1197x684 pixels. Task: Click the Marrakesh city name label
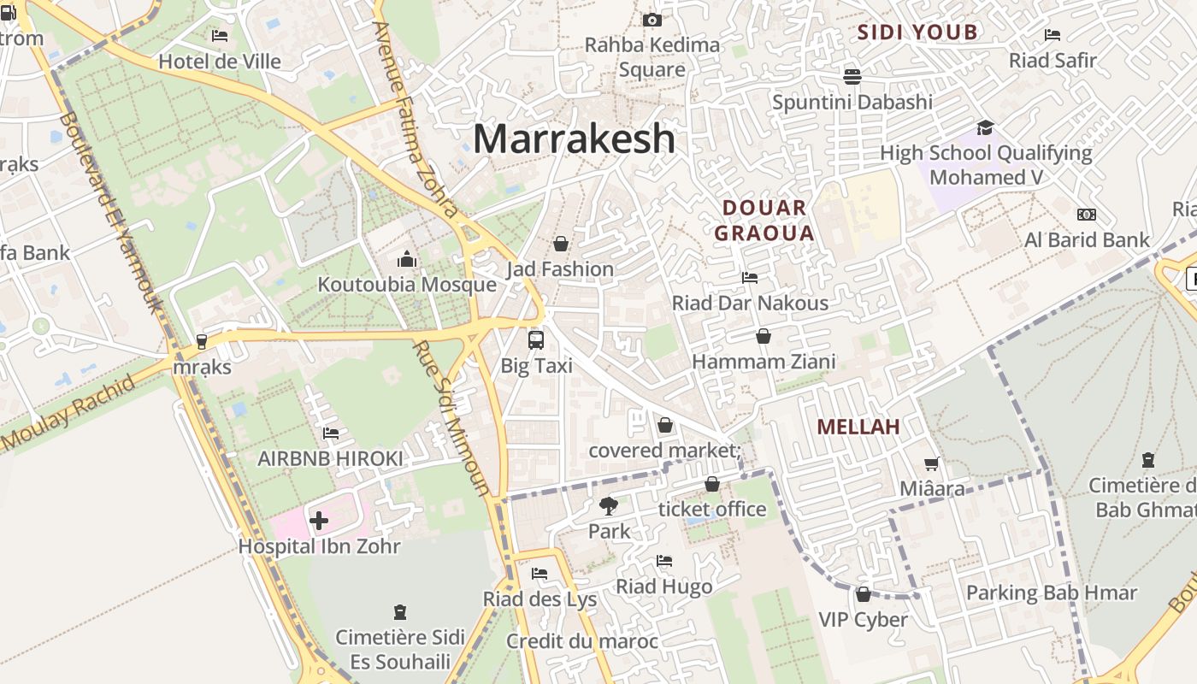[574, 139]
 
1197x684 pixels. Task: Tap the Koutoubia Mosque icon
[407, 259]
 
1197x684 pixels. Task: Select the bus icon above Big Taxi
[536, 339]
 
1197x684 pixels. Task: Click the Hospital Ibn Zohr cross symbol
[319, 520]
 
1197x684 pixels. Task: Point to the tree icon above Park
[609, 505]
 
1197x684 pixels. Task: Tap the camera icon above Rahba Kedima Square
[652, 20]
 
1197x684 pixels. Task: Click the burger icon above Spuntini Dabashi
[852, 76]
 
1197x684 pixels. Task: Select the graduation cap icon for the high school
[985, 127]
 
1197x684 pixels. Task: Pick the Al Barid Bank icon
[1087, 215]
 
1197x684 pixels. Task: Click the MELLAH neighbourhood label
[858, 427]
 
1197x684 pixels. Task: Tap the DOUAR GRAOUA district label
[764, 220]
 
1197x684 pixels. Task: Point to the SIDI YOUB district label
[917, 32]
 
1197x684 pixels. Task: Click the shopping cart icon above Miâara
[932, 463]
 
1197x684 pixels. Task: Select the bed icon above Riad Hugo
[664, 561]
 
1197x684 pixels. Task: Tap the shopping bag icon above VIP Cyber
[863, 594]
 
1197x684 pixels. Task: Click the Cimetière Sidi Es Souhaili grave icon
[399, 612]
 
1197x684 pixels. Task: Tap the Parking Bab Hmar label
[1051, 593]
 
